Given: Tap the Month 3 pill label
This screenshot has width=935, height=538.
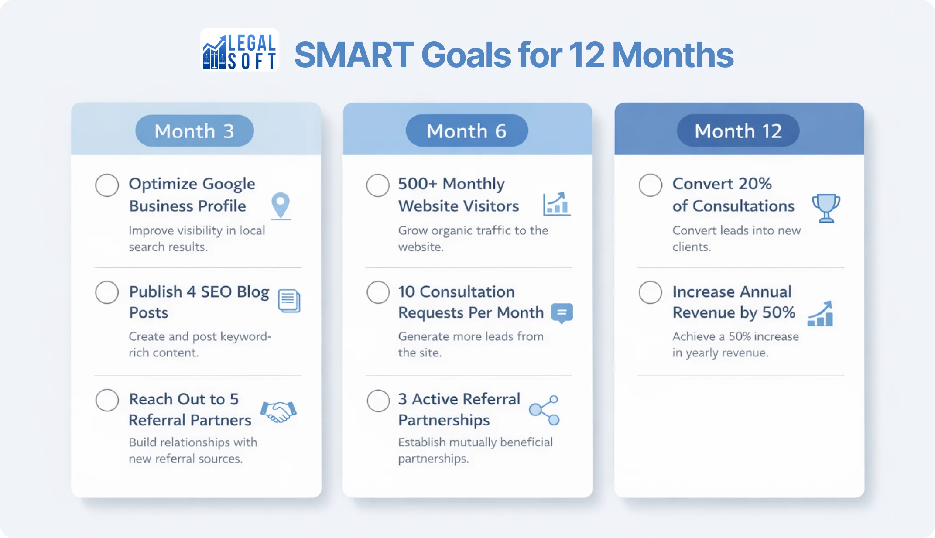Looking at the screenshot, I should (x=195, y=131).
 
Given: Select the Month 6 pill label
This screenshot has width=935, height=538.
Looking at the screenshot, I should (x=467, y=131).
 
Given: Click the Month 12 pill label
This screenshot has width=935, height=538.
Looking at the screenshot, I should (x=738, y=131).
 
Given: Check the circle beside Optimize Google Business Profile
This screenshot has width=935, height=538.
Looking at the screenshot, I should (x=107, y=185).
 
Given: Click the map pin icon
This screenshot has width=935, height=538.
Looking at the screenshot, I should (x=281, y=206).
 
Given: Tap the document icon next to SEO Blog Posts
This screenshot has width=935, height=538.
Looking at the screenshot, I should (x=289, y=301).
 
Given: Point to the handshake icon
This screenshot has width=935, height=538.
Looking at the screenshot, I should (x=278, y=411).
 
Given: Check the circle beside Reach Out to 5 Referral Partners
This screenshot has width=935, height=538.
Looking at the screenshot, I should (x=107, y=400).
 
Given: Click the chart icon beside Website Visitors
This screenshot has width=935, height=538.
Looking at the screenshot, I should (x=556, y=204).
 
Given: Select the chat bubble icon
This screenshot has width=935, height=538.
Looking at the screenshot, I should (x=562, y=313).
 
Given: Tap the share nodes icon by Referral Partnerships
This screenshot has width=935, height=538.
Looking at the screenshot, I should (x=545, y=410).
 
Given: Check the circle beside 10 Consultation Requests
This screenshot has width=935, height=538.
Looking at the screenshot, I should (x=378, y=292).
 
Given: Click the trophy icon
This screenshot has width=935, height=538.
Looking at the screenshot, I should (x=825, y=208).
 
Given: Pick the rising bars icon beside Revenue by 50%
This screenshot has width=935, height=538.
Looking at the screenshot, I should (x=820, y=314).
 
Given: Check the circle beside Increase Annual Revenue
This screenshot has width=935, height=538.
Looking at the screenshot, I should (x=650, y=292).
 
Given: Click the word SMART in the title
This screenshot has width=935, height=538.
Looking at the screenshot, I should (x=354, y=55).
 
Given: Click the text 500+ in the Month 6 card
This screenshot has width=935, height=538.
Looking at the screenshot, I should (x=417, y=184).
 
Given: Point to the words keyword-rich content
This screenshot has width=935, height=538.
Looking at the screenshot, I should (x=200, y=345).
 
